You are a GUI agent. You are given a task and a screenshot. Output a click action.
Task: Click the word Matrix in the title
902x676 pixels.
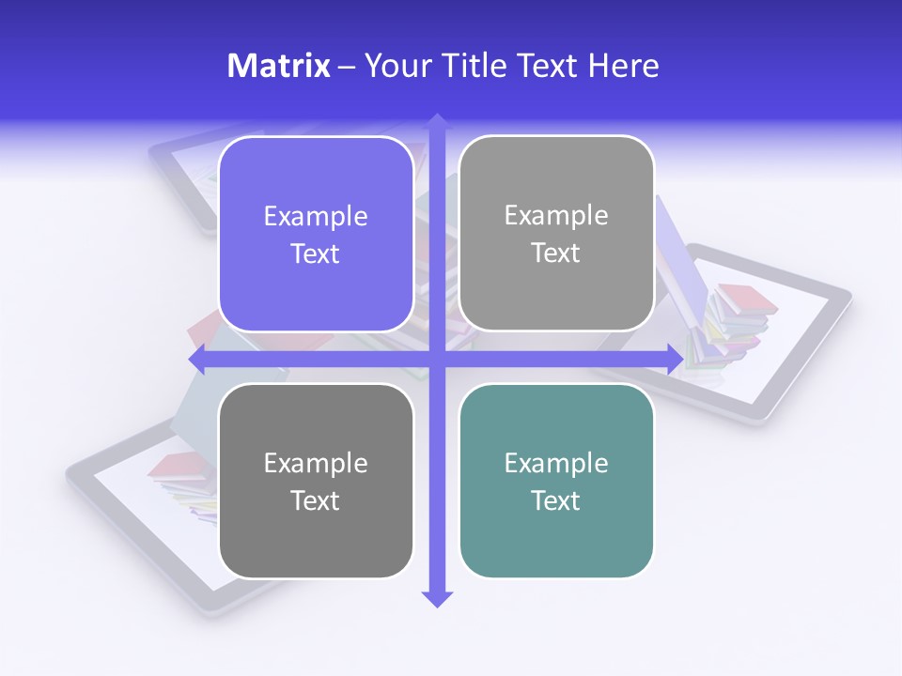coord(278,66)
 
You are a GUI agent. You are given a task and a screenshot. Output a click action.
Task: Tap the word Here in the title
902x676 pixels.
coord(623,66)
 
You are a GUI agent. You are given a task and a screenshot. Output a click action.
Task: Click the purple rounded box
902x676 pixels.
coord(316,234)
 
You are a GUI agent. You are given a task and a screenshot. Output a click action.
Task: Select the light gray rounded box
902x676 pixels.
coord(556,234)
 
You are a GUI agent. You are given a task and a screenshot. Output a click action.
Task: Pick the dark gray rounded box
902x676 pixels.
coord(316,481)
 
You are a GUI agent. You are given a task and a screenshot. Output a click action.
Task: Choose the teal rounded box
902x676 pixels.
coord(556,481)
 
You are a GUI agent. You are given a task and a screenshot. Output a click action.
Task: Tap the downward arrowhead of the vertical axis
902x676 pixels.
coord(437,598)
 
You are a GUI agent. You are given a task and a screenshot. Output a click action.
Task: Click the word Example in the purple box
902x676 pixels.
coord(316,216)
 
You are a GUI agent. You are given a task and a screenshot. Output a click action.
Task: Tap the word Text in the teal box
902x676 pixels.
coord(556,500)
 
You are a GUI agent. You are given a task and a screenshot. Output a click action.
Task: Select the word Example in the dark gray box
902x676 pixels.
coord(316,463)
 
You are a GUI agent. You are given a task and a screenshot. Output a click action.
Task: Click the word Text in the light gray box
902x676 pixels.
coord(556,253)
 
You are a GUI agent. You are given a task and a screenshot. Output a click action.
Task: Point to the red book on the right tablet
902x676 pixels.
coord(748,300)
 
